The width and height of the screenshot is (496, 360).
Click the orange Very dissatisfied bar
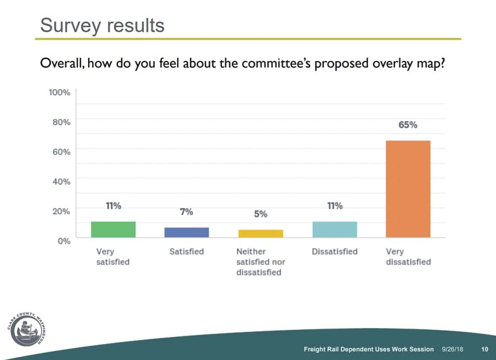coord(408,189)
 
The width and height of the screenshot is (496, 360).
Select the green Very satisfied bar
coord(113,229)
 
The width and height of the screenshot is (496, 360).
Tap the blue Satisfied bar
coord(187,232)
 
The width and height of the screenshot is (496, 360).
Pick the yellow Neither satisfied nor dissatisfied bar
coord(260,234)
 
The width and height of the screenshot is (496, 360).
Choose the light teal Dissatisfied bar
coord(335,229)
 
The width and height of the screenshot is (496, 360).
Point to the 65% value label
coord(408,125)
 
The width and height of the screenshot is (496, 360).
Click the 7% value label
coord(187,212)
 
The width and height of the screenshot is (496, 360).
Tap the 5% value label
coord(260,214)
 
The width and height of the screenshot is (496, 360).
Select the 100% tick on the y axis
coord(59,92)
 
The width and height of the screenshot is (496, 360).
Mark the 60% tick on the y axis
coord(61,152)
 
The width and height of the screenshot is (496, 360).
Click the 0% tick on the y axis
coord(64,241)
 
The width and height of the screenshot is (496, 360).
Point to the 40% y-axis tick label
coord(61,182)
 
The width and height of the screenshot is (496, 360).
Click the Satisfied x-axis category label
coord(187,252)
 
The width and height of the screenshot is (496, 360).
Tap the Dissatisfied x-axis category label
coord(335,252)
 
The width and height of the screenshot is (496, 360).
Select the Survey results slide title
coord(102,25)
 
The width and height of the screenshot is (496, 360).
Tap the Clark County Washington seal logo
coord(26,329)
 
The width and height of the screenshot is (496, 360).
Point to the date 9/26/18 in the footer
coord(452,349)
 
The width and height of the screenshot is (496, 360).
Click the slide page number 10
coord(485,349)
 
